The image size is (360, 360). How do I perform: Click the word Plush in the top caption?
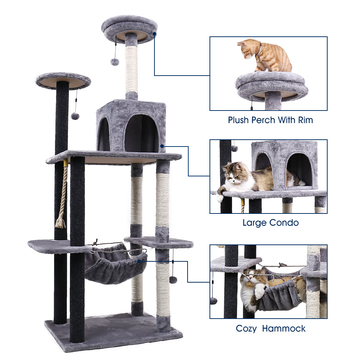[x=239, y=120]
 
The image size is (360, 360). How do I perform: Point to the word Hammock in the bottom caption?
[x=284, y=329]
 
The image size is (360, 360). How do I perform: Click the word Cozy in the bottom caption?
[x=246, y=329]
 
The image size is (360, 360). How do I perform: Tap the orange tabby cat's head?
[x=246, y=49]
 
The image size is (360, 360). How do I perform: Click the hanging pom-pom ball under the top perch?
[x=114, y=62]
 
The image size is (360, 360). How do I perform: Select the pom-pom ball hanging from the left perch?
[x=75, y=116]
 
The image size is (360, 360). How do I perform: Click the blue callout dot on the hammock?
[x=139, y=261]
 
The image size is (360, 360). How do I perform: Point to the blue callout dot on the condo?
[x=162, y=146]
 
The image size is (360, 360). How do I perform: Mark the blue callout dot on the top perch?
[x=154, y=34]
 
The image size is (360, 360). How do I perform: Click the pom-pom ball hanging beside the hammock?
[x=173, y=280]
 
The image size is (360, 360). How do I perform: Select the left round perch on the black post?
[x=63, y=80]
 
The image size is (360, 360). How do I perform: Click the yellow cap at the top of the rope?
[x=66, y=163]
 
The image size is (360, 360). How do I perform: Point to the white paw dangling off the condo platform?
[x=220, y=198]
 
